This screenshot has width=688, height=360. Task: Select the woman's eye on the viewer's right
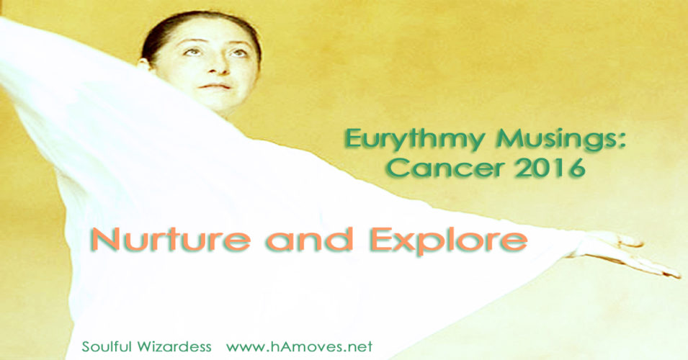pyautogui.click(x=231, y=52)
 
